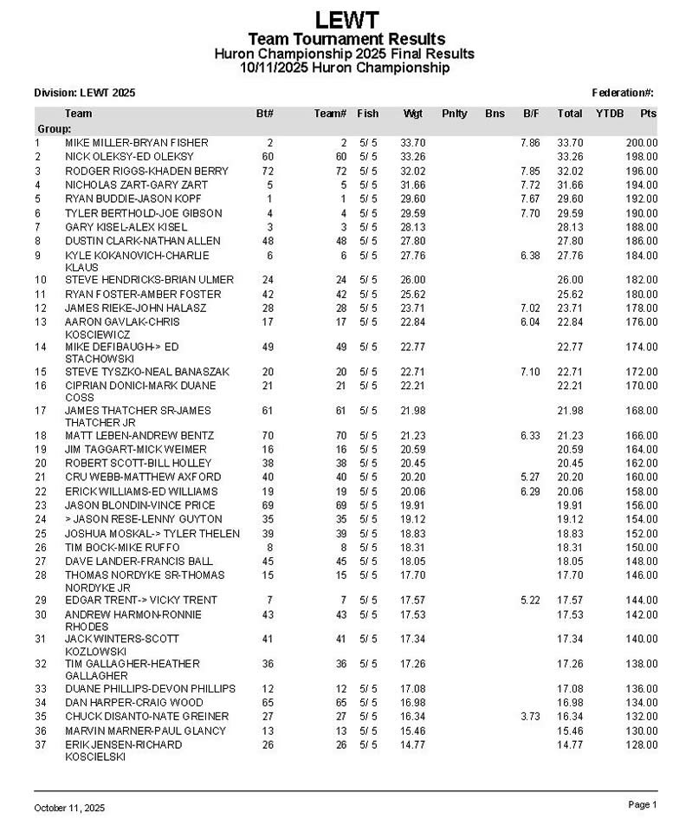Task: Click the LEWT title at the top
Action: click(x=346, y=19)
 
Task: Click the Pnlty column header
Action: click(x=454, y=114)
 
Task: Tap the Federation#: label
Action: click(x=623, y=93)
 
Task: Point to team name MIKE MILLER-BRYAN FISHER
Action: click(x=137, y=142)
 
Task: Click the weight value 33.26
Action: click(x=412, y=157)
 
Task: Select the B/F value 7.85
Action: click(x=531, y=171)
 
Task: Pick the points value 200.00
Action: click(x=642, y=142)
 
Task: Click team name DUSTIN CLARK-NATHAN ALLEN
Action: click(x=143, y=241)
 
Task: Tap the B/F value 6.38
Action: click(x=531, y=256)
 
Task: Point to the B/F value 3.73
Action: click(x=531, y=717)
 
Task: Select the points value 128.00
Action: click(x=642, y=744)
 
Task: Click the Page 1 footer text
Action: click(x=643, y=805)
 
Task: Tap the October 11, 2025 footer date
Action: click(x=69, y=808)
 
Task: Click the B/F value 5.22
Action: click(x=531, y=601)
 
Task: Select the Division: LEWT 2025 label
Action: click(x=84, y=93)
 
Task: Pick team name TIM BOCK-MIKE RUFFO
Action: click(x=122, y=548)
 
